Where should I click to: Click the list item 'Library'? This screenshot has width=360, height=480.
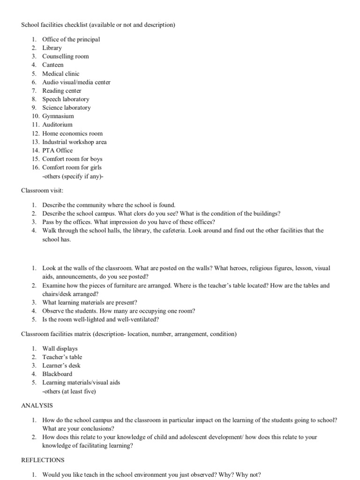point(52,48)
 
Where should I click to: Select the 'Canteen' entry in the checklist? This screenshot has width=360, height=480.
point(52,65)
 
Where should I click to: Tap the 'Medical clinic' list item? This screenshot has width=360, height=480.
point(60,74)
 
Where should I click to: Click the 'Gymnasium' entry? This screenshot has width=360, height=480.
point(58,116)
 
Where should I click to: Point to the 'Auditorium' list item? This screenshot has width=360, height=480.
point(57,125)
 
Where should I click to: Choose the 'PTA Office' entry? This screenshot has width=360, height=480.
point(57,150)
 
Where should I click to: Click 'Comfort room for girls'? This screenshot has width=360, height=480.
point(72,167)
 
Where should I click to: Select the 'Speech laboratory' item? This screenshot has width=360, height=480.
point(66,99)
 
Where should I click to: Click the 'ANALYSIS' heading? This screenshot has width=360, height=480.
point(37,405)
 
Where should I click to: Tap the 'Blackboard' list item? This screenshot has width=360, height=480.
point(57,374)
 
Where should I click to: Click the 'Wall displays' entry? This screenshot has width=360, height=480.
point(60,349)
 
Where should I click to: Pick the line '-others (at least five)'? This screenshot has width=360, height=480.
point(69,391)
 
